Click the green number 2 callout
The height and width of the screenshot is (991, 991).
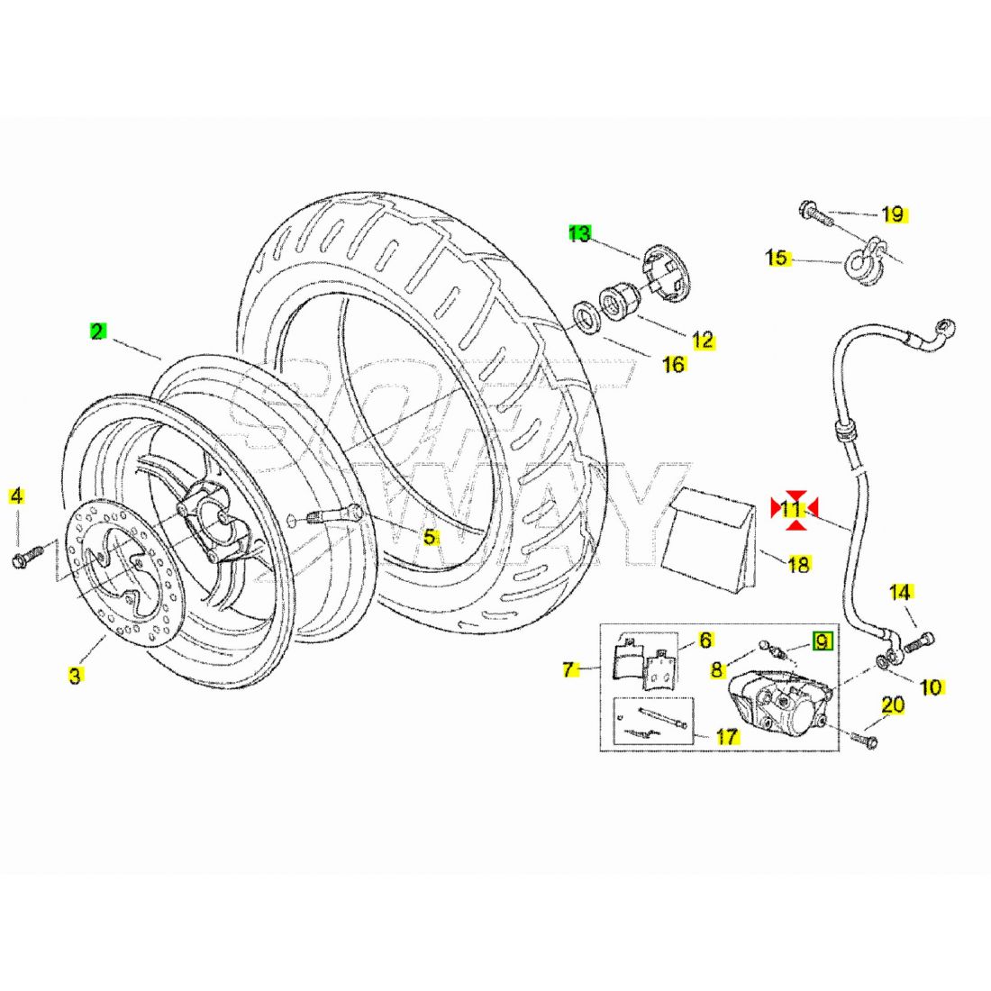tap(97, 331)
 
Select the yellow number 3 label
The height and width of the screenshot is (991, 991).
tap(76, 674)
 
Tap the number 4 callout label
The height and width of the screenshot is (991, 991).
tap(17, 495)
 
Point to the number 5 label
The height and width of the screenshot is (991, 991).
tap(431, 537)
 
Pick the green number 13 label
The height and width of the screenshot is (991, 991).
tap(579, 234)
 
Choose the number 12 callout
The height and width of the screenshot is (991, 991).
tap(703, 340)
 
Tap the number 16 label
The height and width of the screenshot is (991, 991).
tap(673, 363)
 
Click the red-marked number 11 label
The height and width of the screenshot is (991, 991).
tap(792, 509)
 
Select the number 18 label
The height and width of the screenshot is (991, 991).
tap(799, 565)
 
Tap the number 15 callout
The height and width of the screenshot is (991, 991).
tap(776, 259)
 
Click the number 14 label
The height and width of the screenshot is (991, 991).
tap(900, 593)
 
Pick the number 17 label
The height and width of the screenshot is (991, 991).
tap(727, 736)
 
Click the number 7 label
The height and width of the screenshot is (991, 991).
tap(568, 669)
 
